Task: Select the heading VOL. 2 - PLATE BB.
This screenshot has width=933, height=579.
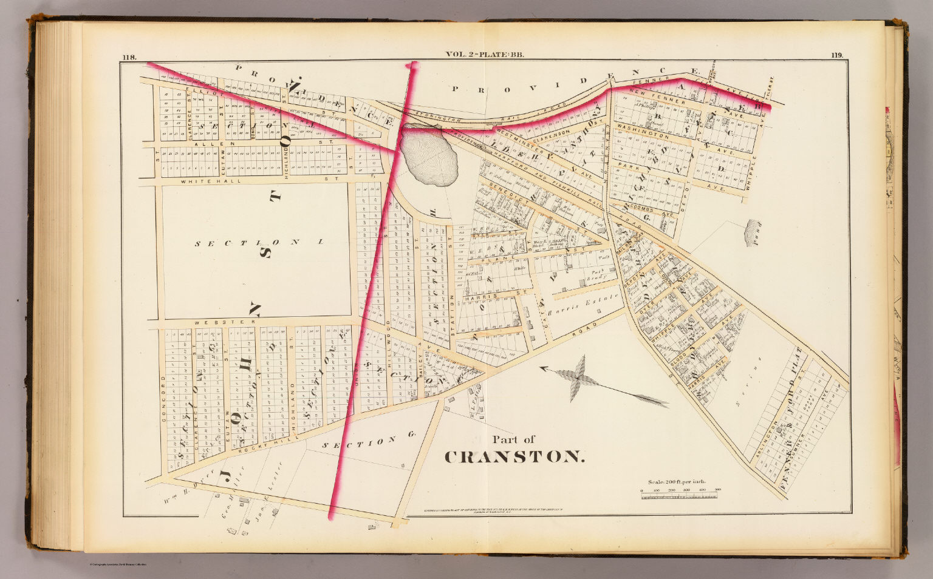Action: pyautogui.click(x=485, y=55)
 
